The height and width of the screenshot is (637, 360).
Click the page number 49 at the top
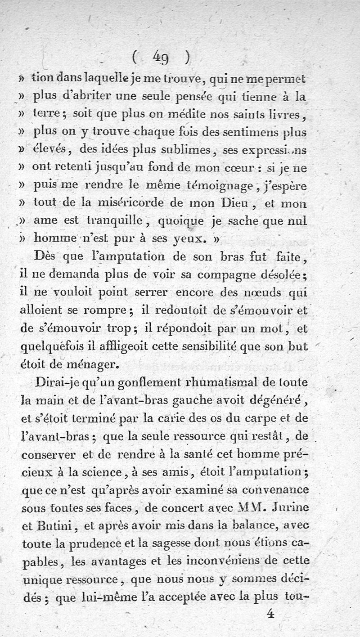point(160,57)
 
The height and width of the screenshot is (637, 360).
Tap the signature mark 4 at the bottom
point(270,614)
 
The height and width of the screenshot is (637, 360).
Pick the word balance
point(256,525)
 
